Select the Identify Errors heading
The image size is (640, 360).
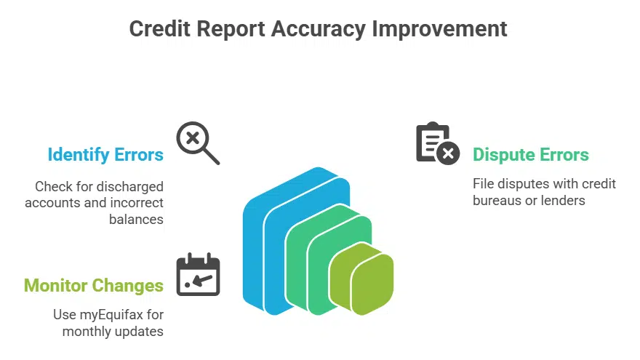click(x=105, y=154)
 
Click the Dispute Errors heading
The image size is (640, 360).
click(x=530, y=154)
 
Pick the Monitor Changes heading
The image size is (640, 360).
click(x=94, y=284)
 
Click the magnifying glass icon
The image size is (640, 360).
click(x=197, y=143)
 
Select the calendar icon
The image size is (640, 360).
click(x=198, y=274)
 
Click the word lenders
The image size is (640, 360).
click(x=560, y=200)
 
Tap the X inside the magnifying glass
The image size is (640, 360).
click(x=192, y=137)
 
